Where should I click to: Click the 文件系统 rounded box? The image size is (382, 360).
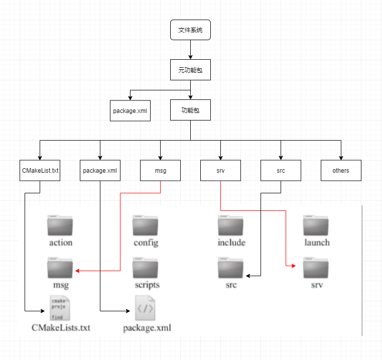(190, 30)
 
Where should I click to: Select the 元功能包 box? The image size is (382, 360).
(190, 70)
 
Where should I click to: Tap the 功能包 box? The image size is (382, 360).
(190, 110)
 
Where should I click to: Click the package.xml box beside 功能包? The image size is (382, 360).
(131, 110)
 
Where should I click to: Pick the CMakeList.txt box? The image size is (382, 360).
(40, 171)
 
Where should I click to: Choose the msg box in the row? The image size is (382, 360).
(160, 171)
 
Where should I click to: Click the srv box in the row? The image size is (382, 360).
(220, 171)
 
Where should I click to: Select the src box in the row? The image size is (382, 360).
(281, 171)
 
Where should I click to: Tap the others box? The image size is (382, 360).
(341, 171)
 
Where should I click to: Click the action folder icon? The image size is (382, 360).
(60, 226)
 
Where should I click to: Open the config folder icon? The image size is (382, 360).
(146, 226)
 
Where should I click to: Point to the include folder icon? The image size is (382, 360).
(231, 226)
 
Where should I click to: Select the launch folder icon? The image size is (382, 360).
(316, 226)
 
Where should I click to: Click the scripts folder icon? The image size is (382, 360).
(146, 268)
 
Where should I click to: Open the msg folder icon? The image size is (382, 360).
(60, 268)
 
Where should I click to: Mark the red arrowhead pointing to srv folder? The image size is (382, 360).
(295, 267)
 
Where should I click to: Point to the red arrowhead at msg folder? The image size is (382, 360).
(78, 271)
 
